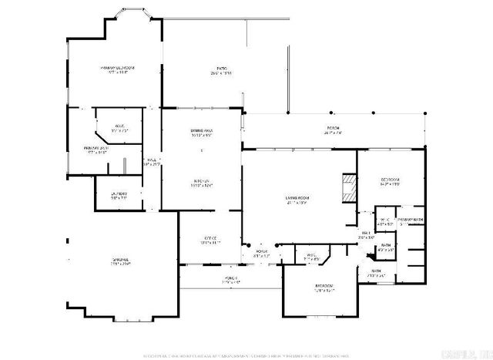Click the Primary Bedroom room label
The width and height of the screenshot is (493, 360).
point(113,68)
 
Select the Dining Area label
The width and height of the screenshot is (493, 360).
point(202,131)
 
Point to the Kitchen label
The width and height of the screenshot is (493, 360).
point(202,181)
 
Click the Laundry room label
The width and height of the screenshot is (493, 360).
point(119,193)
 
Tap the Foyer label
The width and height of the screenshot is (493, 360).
point(262,251)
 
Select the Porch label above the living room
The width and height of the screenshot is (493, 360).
point(333,128)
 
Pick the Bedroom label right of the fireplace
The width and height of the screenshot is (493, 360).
point(391,180)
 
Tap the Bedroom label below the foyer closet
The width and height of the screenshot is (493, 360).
point(324,286)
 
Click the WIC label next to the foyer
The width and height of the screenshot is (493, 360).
point(312,255)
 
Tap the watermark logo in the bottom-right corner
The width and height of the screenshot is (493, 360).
point(469,350)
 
